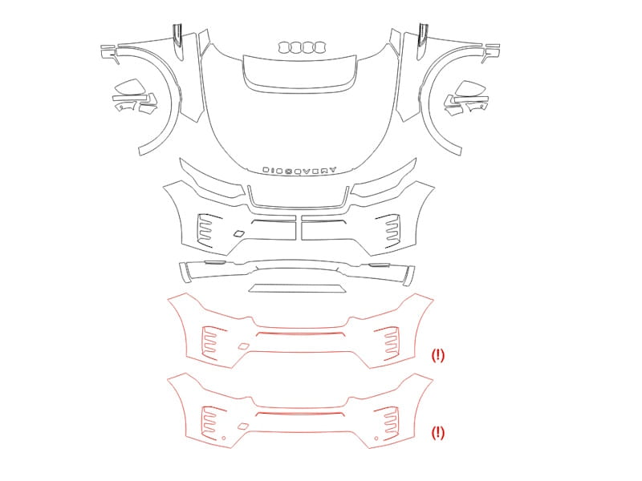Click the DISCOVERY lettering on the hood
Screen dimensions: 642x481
point(299,170)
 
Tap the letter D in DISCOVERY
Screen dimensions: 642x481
point(266,170)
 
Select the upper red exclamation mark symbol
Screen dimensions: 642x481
point(437,355)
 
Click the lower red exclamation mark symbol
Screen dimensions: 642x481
point(437,432)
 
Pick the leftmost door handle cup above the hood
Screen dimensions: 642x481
point(283,47)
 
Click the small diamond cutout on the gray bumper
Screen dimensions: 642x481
point(238,233)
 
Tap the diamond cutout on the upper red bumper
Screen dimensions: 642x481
point(243,346)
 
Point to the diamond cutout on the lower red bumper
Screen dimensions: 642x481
point(243,426)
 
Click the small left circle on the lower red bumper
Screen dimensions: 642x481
point(224,438)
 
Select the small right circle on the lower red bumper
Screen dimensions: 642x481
point(376,439)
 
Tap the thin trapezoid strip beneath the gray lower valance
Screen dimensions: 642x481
point(298,289)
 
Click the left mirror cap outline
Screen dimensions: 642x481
point(128,87)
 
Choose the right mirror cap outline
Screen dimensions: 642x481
point(471,88)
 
